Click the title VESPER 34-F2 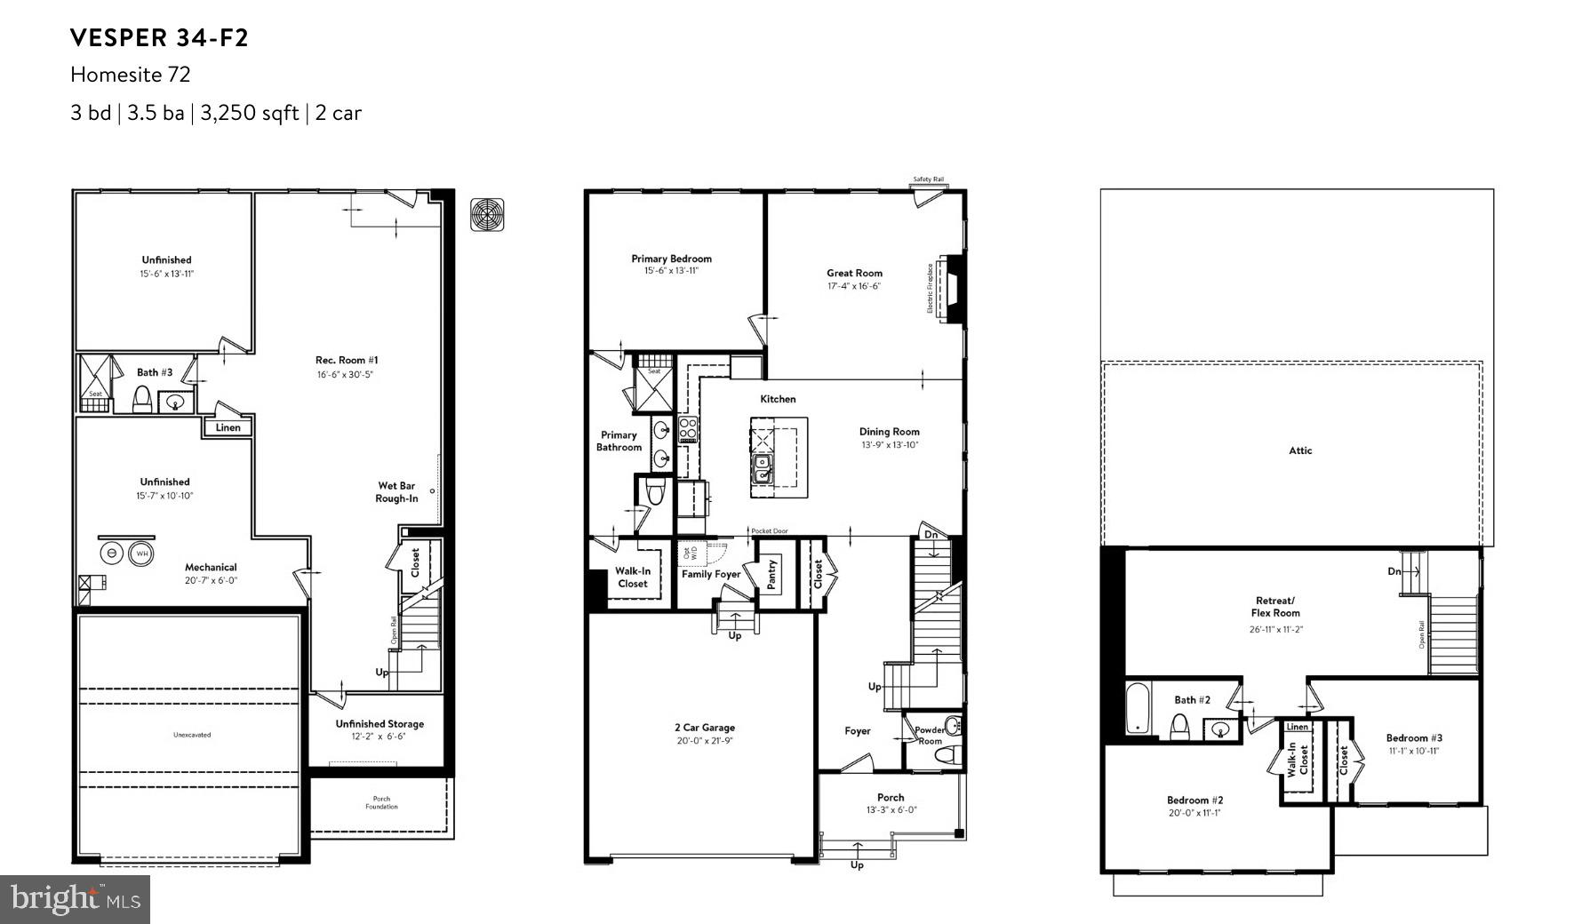coord(159,37)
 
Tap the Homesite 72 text coord(131,75)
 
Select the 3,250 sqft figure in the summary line coord(249,113)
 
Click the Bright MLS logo coord(75,899)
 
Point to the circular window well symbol coord(488,214)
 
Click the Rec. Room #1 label coord(347,360)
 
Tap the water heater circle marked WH coord(141,554)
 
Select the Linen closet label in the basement coord(228,427)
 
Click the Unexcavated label coord(192,735)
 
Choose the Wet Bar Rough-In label coord(396,492)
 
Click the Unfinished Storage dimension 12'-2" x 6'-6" coord(380,737)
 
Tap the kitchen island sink coord(763,467)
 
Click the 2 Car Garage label coord(704,728)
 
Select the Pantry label coord(771,575)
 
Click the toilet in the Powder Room coord(947,756)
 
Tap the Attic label coord(1300,450)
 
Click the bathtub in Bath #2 coord(1138,709)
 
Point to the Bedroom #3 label coord(1414,737)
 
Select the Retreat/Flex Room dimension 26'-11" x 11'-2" coord(1275,629)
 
